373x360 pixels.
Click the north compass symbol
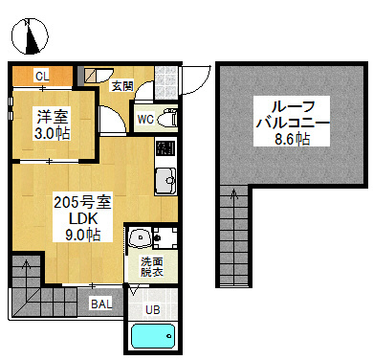click(30, 36)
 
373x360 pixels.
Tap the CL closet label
click(42, 77)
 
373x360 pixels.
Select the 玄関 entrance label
click(122, 85)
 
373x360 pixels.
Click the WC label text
click(145, 120)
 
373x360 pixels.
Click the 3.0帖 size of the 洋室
click(52, 133)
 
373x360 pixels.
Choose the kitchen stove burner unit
click(165, 148)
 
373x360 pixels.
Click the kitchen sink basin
click(165, 180)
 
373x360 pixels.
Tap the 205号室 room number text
click(82, 202)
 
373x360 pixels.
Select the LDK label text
click(83, 219)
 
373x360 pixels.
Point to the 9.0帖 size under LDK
click(83, 235)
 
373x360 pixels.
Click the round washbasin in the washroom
click(140, 238)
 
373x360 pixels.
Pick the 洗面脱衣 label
click(152, 267)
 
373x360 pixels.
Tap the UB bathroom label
click(153, 309)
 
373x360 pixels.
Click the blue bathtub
click(153, 336)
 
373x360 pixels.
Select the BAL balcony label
click(101, 304)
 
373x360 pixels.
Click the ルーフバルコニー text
click(292, 114)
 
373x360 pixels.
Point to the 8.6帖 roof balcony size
click(292, 139)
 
